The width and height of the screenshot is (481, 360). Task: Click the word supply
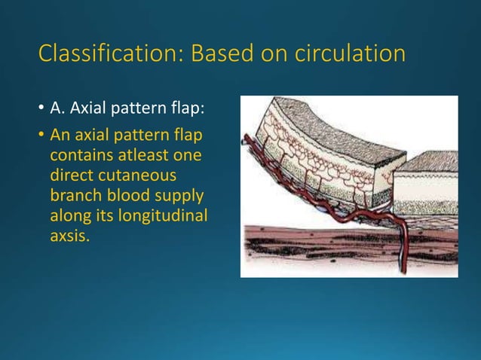tap(179, 191)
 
